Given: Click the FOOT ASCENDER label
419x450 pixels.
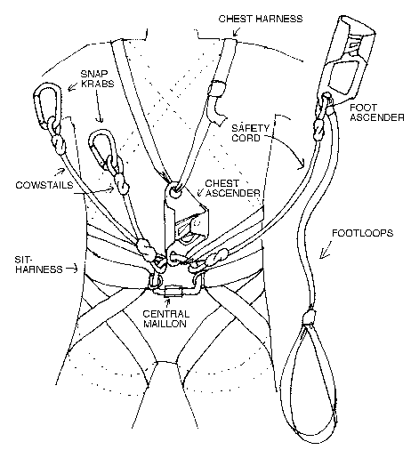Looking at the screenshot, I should (372, 114).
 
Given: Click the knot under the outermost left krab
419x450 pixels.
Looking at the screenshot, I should (59, 136).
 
